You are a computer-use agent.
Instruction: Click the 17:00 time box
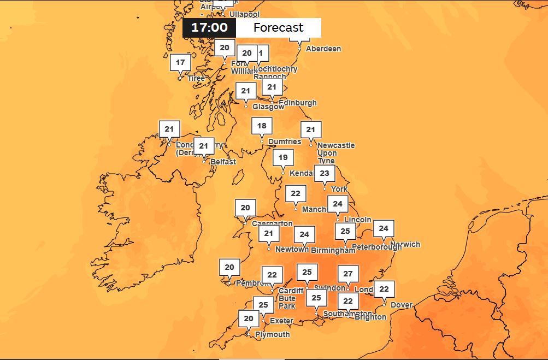point(209,28)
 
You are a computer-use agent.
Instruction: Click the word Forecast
point(278,28)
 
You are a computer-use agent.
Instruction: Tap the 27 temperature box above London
point(348,274)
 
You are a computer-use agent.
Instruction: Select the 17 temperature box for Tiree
point(180,63)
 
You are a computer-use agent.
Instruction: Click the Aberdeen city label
point(323,49)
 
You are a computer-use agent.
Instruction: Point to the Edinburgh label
point(298,103)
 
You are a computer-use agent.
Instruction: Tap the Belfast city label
point(223,162)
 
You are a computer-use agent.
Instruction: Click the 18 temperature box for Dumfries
point(262,126)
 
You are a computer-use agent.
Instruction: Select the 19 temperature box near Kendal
point(283,158)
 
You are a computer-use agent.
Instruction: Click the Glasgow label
point(268,107)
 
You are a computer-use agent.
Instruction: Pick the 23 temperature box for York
point(325,174)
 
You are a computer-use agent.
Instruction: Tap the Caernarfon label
point(272,223)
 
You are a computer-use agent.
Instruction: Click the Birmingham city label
point(333,250)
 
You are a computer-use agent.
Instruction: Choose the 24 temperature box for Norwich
point(384,229)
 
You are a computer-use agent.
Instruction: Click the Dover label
point(402,304)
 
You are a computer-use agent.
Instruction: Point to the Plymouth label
point(273,334)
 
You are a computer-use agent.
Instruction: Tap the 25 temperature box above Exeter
point(263,305)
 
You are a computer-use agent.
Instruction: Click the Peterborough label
point(376,247)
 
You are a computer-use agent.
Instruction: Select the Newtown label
point(292,249)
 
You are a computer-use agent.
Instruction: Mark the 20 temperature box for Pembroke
point(229,268)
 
